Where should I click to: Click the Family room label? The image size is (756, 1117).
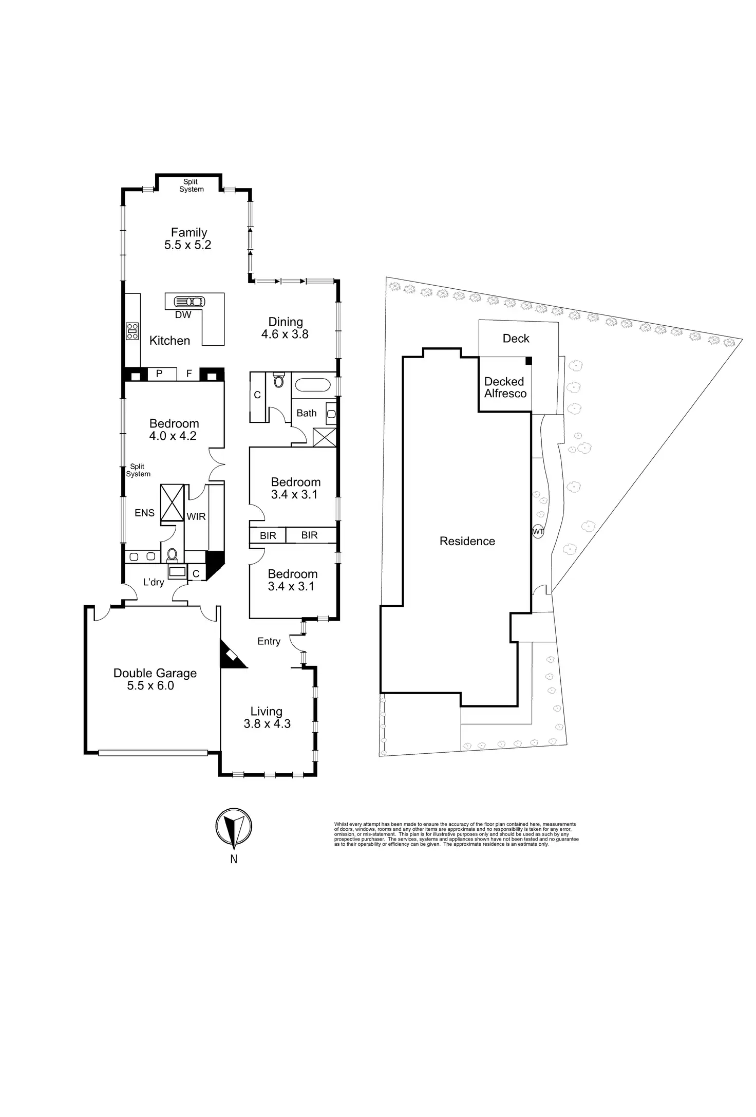[188, 233]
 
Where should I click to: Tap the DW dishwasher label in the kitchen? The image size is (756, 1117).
[183, 315]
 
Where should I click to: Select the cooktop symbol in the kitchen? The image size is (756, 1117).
[132, 331]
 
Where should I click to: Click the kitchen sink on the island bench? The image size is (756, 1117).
[190, 302]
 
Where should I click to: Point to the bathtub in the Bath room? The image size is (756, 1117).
[313, 385]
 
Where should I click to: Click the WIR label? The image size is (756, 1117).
[196, 516]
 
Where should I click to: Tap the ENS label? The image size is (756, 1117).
[144, 513]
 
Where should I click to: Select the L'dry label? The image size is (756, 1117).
[154, 582]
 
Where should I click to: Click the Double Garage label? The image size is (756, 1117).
[155, 673]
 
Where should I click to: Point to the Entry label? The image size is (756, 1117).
[269, 641]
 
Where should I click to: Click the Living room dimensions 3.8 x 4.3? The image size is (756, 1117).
[267, 724]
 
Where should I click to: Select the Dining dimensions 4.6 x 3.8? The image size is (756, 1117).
[285, 334]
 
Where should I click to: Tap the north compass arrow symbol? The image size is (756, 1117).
[234, 827]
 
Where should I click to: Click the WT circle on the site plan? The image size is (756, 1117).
[538, 531]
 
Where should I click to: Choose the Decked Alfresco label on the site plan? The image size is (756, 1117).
[505, 387]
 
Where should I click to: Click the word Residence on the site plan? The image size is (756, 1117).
[467, 541]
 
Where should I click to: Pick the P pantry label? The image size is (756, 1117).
[159, 374]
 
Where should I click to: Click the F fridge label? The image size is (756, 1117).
[189, 374]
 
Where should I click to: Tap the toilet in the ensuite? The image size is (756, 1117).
[172, 554]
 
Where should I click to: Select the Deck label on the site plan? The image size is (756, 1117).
[516, 339]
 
